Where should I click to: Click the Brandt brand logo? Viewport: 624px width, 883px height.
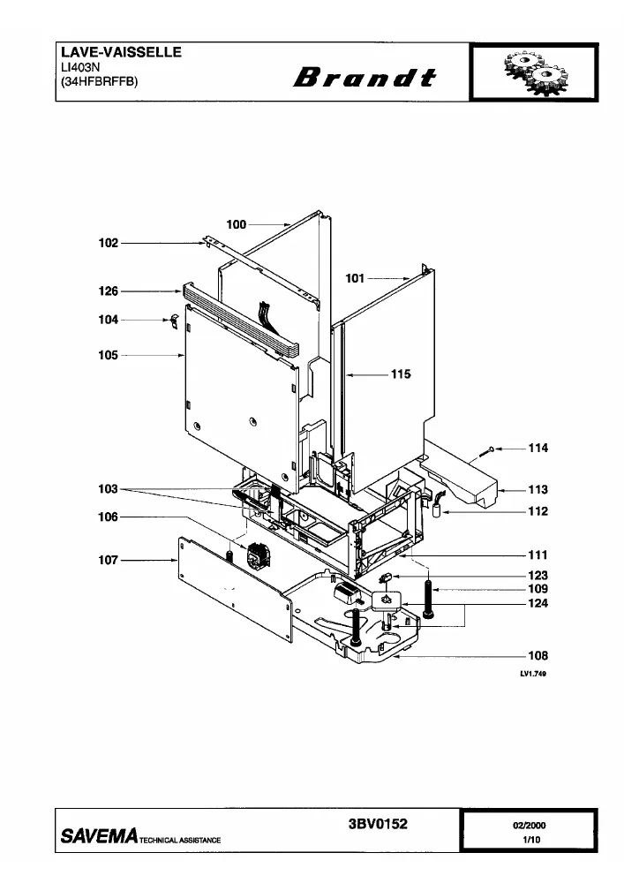point(365,78)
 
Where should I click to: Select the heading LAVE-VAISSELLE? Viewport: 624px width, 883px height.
point(121,52)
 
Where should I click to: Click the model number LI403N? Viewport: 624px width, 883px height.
point(80,67)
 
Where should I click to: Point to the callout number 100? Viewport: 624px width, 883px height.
point(237,224)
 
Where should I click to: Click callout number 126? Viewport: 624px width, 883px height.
point(109,291)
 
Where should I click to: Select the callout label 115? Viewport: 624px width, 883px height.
point(402,374)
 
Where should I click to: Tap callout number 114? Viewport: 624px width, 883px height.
point(538,449)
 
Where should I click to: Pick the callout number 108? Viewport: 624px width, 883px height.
point(538,655)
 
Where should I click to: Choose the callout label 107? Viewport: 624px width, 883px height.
point(109,560)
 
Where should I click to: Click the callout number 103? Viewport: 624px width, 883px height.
point(109,489)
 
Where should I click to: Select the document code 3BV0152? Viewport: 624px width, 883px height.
point(378,824)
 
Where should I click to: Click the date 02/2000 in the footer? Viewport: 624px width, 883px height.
point(529,826)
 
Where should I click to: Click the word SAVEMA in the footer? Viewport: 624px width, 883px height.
point(99,835)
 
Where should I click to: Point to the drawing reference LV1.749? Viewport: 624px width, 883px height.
point(533,674)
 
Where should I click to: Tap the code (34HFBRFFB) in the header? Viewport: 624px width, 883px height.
point(99,81)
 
